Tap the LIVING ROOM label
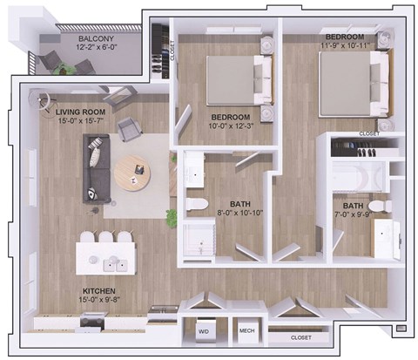tap(81, 112)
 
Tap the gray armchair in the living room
tap(129, 130)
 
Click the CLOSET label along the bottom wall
tap(300, 336)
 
